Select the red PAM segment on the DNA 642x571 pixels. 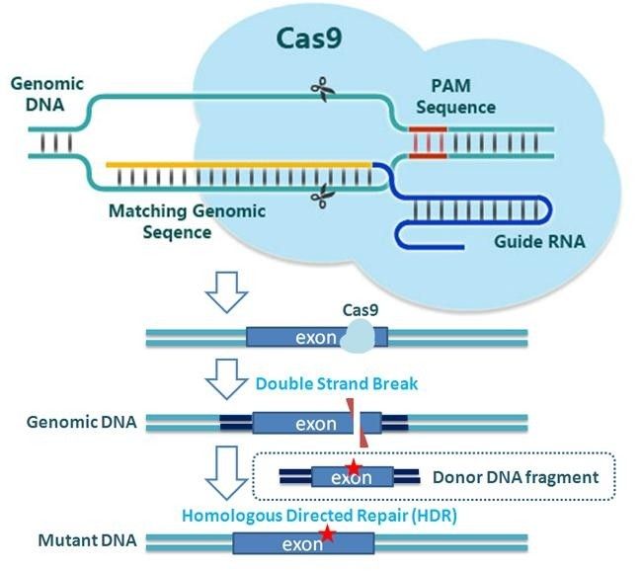point(428,143)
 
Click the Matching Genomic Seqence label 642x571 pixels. point(187,221)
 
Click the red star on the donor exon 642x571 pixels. point(353,466)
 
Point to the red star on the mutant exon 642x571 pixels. point(327,534)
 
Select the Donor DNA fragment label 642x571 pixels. point(515,477)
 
